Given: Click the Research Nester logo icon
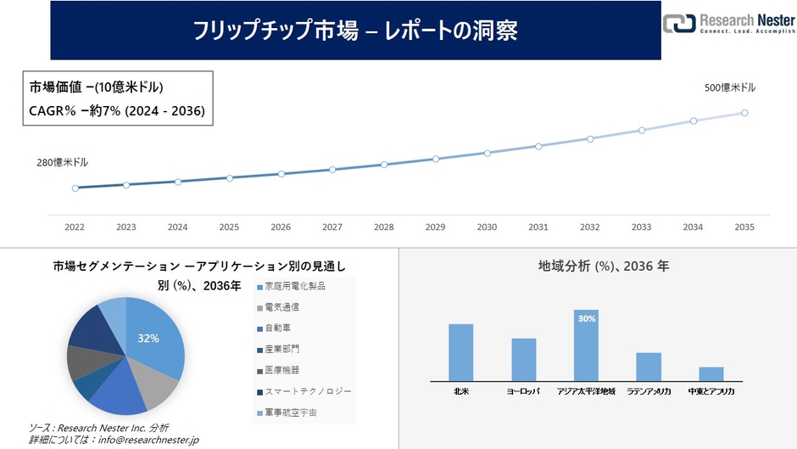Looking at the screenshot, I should point(678,23).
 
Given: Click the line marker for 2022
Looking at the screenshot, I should point(75,188).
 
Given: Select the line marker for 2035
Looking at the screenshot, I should point(744,113).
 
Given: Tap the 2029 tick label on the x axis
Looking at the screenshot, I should point(435,227).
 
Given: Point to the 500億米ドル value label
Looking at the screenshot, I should point(730,87).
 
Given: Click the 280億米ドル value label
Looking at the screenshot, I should point(62,162).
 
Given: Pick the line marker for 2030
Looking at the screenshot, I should point(487,153).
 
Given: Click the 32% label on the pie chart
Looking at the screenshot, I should point(148,338).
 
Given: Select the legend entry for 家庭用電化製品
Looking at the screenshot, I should point(293,287).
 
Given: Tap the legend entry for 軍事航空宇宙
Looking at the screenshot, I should point(289,413).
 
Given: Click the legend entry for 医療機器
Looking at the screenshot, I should point(281,370).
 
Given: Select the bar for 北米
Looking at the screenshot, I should point(460,352).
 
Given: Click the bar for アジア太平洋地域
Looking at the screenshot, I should point(586,345).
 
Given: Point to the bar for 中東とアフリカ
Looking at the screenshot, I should point(711,373).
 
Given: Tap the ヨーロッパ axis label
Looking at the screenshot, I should point(523,392).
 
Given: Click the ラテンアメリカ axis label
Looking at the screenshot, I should point(649,392).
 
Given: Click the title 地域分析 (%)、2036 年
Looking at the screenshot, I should point(603,266).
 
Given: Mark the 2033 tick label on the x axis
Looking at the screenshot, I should point(641,227).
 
